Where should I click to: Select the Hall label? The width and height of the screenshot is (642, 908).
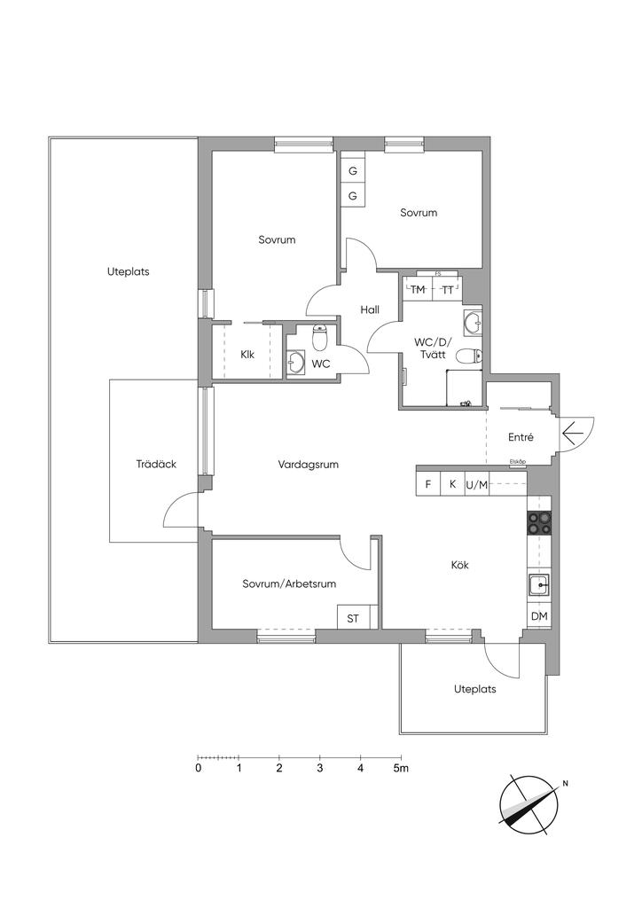(370, 310)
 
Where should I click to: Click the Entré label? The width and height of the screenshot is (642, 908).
(520, 437)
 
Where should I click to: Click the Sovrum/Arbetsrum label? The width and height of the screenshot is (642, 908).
(289, 584)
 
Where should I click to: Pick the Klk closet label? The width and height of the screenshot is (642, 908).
(247, 356)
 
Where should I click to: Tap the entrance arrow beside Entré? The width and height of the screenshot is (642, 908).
(572, 433)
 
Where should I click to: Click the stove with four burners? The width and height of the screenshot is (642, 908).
(539, 523)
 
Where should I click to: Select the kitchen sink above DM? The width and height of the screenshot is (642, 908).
(537, 584)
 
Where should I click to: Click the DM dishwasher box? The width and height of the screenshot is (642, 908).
(538, 616)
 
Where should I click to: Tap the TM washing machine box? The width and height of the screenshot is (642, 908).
(418, 290)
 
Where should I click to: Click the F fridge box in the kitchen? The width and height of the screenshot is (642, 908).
(428, 484)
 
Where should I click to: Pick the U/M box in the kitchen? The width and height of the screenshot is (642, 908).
(477, 484)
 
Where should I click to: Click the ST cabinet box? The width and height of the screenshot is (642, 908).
(353, 618)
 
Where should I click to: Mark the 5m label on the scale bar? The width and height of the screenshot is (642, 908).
(402, 768)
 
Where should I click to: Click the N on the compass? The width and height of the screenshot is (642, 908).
(565, 784)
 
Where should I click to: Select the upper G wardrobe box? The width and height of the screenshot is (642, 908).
(352, 170)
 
